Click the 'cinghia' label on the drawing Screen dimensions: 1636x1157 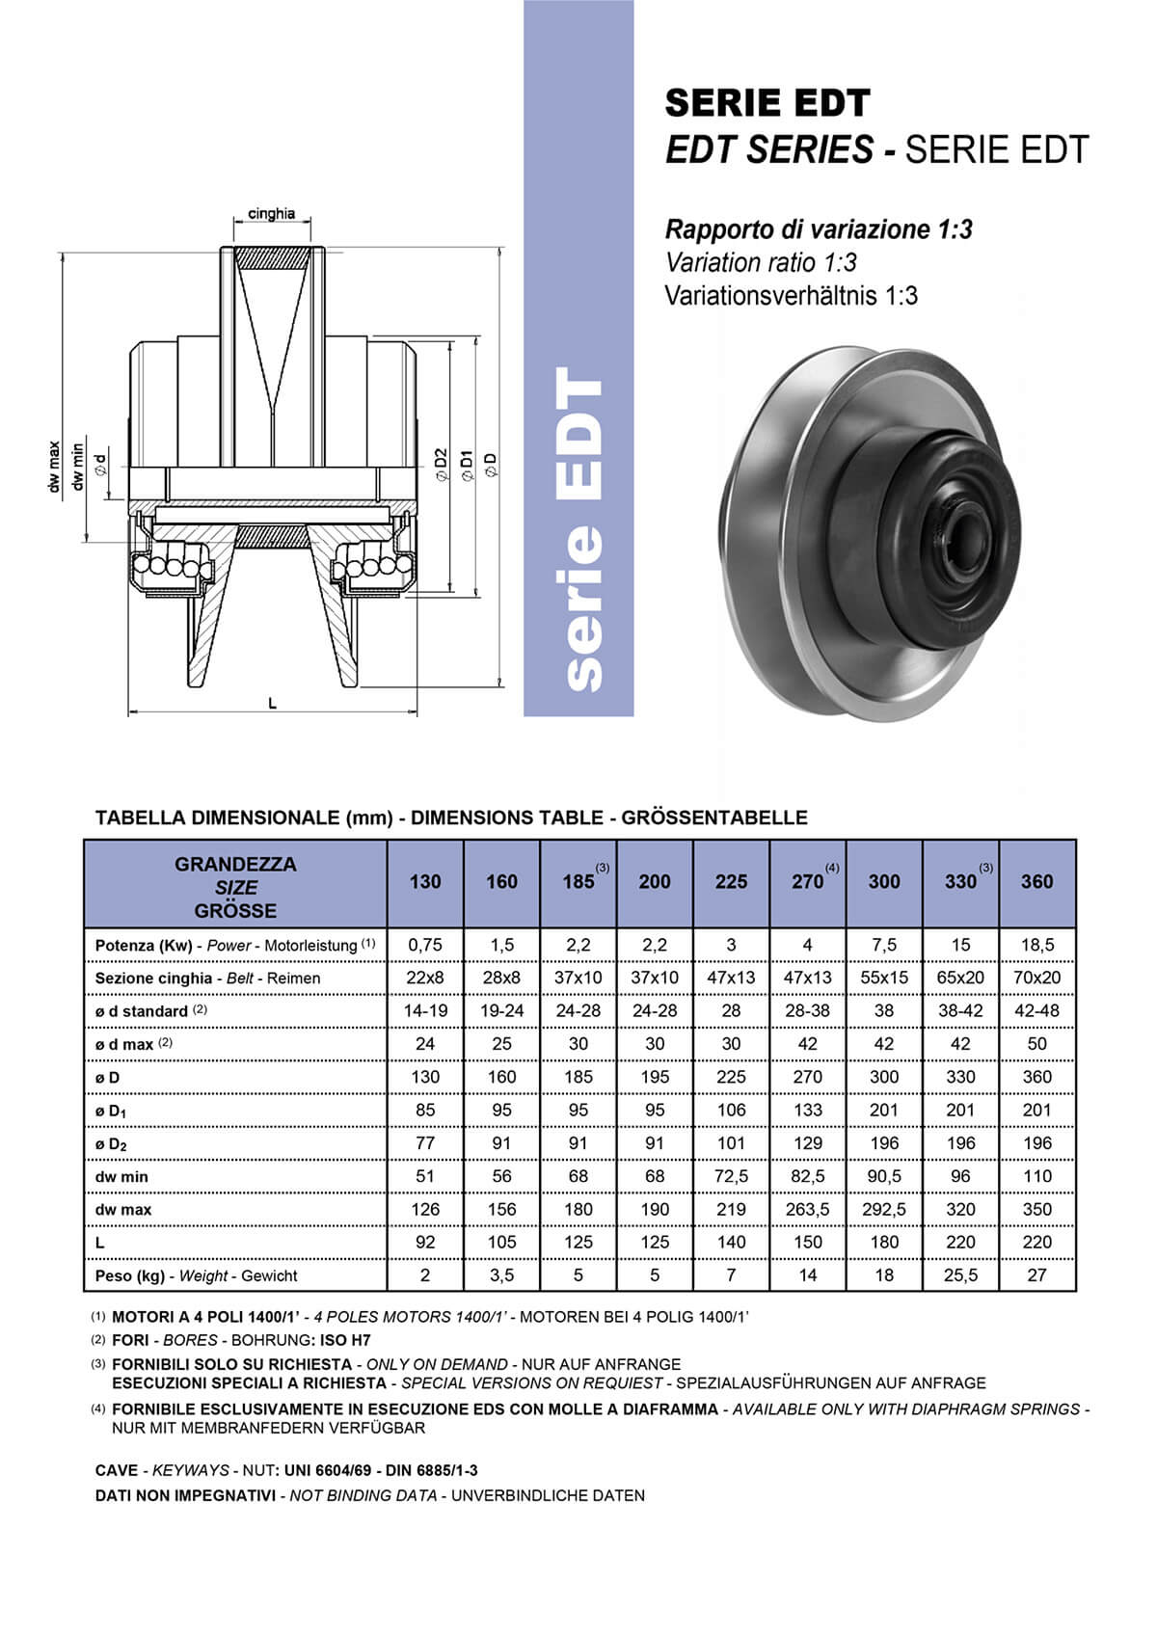(x=271, y=213)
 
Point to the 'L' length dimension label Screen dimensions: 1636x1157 (x=273, y=704)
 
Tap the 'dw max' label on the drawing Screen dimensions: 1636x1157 (x=54, y=468)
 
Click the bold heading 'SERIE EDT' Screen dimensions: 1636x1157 (x=767, y=103)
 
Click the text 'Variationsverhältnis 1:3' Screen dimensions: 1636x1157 (x=791, y=295)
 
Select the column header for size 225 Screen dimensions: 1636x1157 (x=731, y=881)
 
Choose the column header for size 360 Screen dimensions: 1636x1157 (x=1036, y=881)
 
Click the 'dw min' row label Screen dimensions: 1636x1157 (x=121, y=1176)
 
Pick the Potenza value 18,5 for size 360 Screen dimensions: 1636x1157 (x=1036, y=945)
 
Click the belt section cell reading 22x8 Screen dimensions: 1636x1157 (x=425, y=978)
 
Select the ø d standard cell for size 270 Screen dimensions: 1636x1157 (x=807, y=1010)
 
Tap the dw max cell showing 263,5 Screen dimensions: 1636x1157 (x=807, y=1209)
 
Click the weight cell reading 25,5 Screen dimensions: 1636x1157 (x=960, y=1275)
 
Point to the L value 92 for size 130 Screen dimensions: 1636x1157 (x=425, y=1242)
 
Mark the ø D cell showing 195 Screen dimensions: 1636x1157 (x=655, y=1077)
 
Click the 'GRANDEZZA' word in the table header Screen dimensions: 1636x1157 (x=235, y=864)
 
